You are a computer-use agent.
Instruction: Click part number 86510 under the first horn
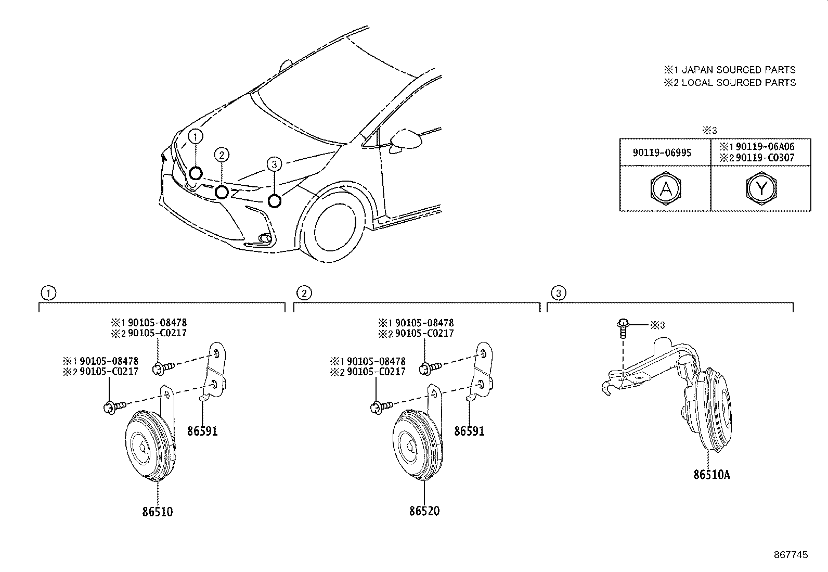pos(157,512)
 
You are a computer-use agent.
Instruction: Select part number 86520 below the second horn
pos(424,511)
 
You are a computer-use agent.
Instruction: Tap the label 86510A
pos(711,475)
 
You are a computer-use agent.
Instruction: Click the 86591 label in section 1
pos(202,431)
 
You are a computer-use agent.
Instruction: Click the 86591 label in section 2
pos(469,431)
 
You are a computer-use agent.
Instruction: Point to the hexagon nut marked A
pos(665,188)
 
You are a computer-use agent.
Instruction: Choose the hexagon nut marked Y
pos(761,188)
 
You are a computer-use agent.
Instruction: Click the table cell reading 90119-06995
pos(662,152)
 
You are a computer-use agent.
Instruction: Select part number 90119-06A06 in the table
pos(765,147)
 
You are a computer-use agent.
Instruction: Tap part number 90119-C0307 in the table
pos(765,158)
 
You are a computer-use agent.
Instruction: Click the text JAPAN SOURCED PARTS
pos(738,70)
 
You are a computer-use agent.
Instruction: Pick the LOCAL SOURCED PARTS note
pos(738,82)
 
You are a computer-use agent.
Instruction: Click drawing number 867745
pos(791,555)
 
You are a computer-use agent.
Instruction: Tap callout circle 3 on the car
pos(275,164)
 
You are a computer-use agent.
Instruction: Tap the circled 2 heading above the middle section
pos(303,293)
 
